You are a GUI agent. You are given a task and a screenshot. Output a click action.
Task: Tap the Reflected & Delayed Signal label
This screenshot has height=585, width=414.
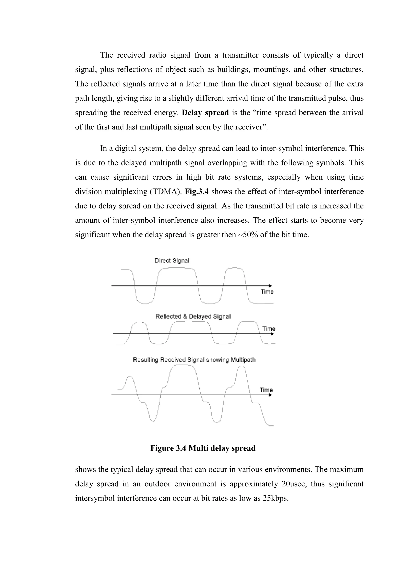pyautogui.click(x=193, y=317)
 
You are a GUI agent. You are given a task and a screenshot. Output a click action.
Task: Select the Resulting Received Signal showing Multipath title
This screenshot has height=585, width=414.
pyautogui.click(x=194, y=360)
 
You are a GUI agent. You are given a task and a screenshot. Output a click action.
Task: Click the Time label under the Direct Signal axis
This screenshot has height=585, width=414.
pyautogui.click(x=267, y=292)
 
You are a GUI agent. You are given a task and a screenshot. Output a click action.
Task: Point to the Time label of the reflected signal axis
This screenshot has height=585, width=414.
pyautogui.click(x=269, y=329)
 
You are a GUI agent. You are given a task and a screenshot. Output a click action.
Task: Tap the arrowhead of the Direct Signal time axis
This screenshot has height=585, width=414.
pyautogui.click(x=270, y=286)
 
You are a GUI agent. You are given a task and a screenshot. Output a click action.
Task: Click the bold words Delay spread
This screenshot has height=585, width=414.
pyautogui.click(x=205, y=113)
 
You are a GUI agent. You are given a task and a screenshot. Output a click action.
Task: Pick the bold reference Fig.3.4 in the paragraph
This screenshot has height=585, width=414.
pyautogui.click(x=196, y=191)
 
